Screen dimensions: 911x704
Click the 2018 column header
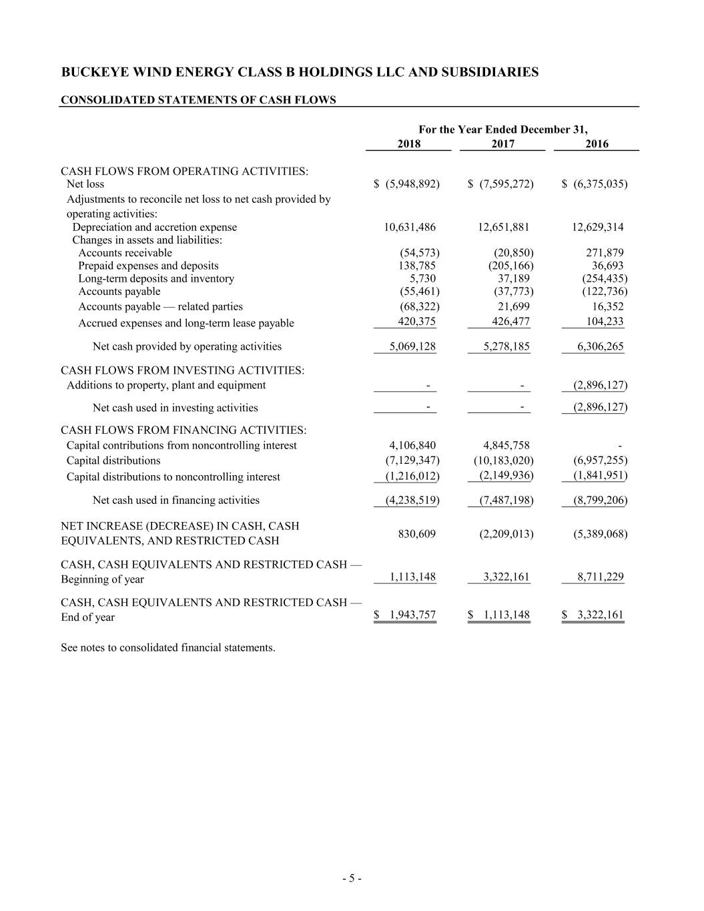tap(408, 143)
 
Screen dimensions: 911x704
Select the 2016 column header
tap(597, 143)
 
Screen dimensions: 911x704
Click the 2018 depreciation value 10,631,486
tap(410, 227)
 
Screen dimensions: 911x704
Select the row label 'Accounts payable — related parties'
tap(160, 306)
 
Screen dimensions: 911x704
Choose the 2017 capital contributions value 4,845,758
tap(506, 445)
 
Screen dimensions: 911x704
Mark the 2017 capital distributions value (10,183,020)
tap(503, 461)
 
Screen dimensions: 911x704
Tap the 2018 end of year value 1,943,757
tap(410, 615)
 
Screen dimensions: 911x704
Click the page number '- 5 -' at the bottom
tap(352, 878)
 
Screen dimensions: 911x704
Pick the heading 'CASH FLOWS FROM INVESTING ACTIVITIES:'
tap(182, 370)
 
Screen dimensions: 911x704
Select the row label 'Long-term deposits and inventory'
tap(156, 278)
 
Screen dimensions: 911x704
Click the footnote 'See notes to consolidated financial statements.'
tap(167, 647)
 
